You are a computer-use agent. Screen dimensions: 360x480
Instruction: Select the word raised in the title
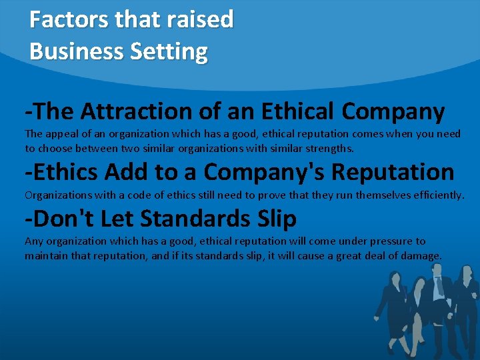201,20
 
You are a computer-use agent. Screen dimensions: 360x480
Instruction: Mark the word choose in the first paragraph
58,148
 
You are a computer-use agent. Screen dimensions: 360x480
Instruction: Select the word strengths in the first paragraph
327,148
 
